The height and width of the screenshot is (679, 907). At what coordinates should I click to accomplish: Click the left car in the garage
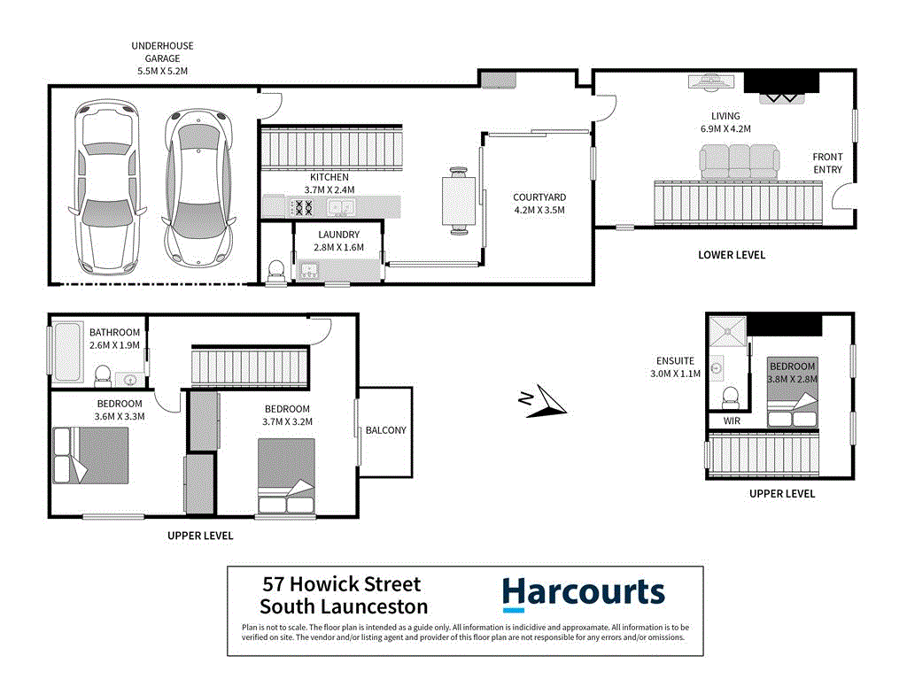point(106,188)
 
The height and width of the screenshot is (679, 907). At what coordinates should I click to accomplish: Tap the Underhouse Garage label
point(162,58)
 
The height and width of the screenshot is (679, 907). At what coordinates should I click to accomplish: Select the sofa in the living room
point(739,161)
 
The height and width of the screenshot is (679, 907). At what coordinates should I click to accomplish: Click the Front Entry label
point(827,163)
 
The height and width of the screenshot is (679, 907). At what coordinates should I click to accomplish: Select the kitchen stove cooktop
point(304,208)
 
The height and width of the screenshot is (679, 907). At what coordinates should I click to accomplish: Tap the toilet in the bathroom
point(103,375)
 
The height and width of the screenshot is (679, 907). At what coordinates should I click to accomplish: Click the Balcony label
point(385,431)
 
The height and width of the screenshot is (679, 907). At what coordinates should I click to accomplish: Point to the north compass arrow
point(542,403)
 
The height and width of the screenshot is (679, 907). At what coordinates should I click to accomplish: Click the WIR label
point(731,421)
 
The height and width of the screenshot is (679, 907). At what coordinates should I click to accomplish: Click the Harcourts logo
point(583,593)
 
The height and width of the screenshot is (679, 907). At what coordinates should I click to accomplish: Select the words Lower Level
point(731,255)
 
